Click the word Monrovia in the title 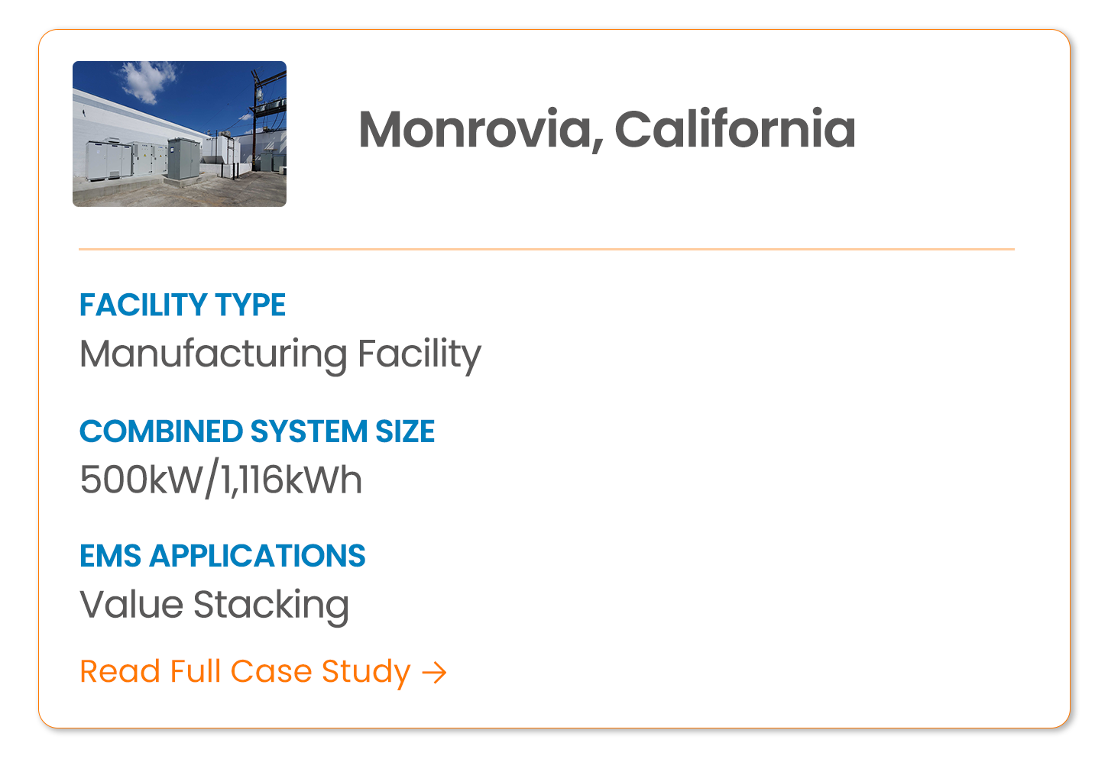tap(475, 130)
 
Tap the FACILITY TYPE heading tap(183, 305)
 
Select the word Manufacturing tap(213, 355)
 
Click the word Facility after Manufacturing tap(419, 355)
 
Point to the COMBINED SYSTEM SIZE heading tap(258, 431)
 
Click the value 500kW tap(141, 480)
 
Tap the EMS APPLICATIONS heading tap(222, 556)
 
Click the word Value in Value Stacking tap(131, 604)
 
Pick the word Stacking tap(271, 606)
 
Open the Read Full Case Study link tap(263, 673)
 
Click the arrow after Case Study tap(434, 673)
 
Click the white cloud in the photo tap(147, 80)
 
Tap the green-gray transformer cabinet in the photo tap(184, 159)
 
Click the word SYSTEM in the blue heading tap(309, 431)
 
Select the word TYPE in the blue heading tap(251, 305)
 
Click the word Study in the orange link tap(366, 673)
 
